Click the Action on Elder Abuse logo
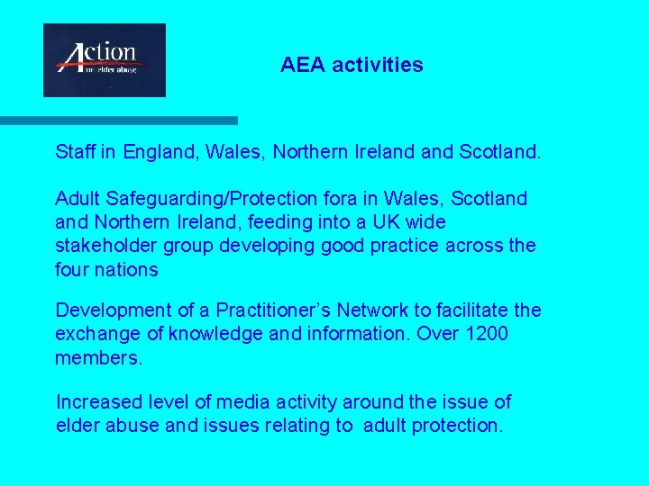105,59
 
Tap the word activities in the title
379,65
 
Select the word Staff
75,153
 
